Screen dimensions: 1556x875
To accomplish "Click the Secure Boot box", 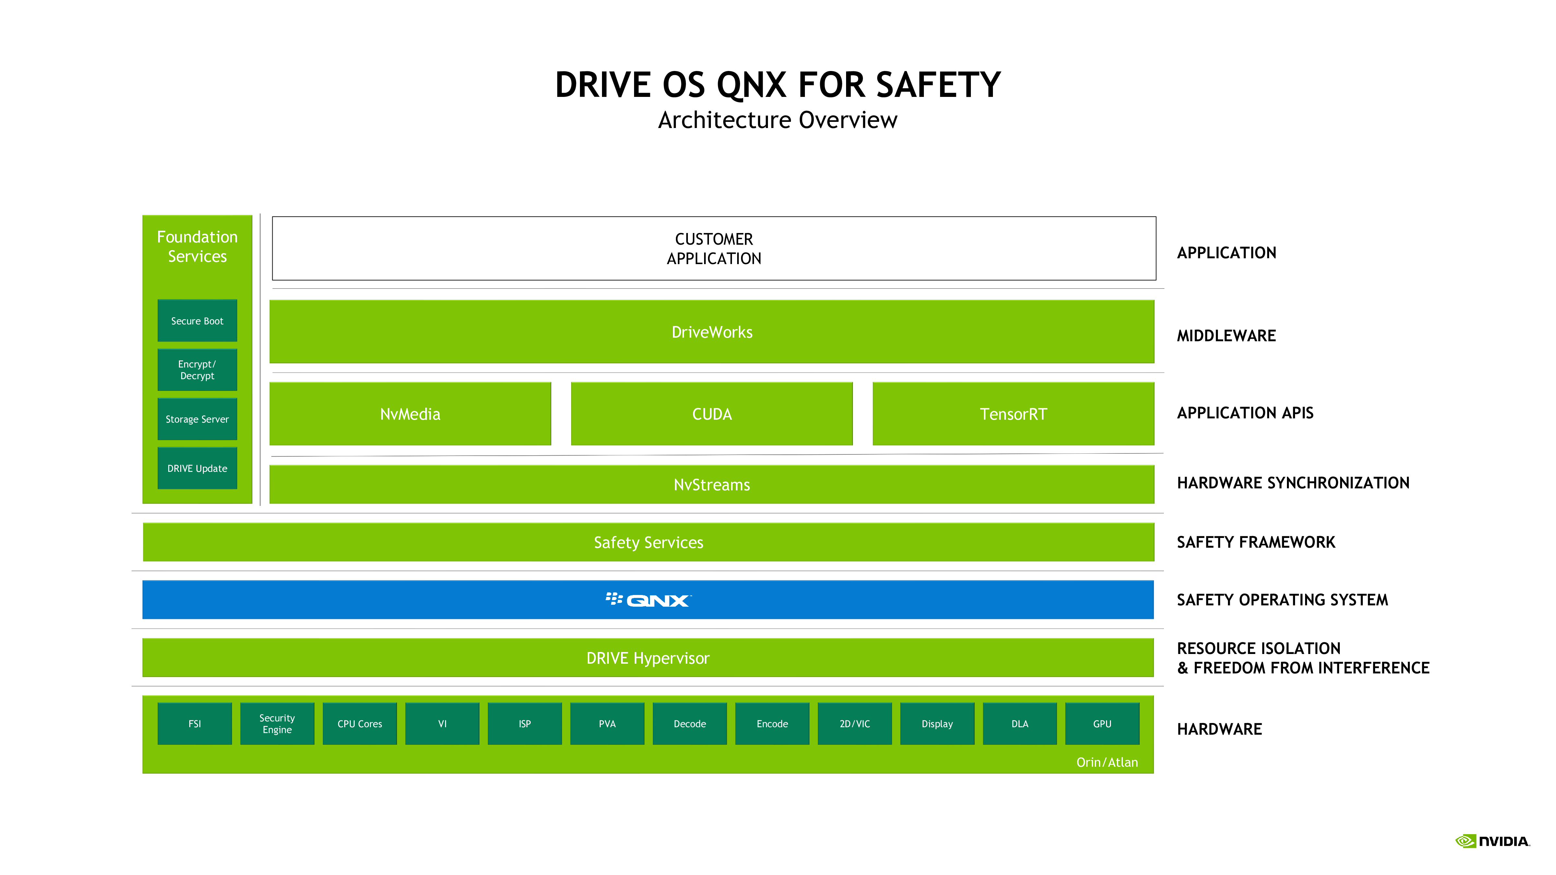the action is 197,321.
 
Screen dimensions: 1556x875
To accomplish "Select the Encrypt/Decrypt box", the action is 197,369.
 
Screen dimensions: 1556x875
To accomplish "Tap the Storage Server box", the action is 197,419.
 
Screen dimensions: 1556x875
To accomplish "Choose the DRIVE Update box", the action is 197,468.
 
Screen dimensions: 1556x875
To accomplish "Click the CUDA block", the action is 712,414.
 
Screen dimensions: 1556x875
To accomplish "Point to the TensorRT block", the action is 1013,414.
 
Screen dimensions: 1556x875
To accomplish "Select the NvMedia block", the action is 410,414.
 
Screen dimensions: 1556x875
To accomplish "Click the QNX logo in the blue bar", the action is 648,600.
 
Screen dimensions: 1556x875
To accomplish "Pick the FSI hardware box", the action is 194,723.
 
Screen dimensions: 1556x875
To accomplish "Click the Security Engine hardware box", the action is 277,723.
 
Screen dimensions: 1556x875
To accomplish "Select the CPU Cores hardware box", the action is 360,723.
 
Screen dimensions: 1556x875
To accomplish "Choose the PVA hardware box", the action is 607,723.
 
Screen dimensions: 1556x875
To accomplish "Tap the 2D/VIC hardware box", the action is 855,723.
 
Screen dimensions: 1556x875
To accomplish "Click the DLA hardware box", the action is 1020,723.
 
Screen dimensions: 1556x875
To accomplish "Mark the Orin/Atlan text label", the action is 1107,762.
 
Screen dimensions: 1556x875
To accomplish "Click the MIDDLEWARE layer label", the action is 1226,336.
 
